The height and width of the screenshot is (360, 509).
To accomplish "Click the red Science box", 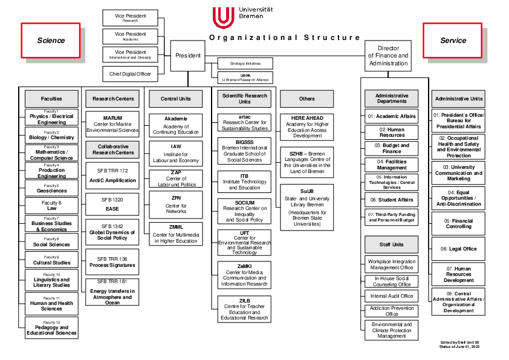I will pos(51,41).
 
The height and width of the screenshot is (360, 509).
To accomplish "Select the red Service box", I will pos(453,41).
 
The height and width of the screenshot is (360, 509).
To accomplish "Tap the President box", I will pos(188,56).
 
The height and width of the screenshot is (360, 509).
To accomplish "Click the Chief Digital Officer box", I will pos(130,74).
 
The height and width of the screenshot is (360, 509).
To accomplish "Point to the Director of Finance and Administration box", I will pos(389,56).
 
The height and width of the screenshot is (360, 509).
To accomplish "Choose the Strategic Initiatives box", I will pos(245,63).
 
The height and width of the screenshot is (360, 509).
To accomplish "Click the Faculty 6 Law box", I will pos(51,206).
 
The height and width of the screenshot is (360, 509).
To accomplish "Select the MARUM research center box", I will pos(112,123).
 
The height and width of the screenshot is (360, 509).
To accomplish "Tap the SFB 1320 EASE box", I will pos(112,204).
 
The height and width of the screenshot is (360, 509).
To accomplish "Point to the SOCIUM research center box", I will pos(244,211).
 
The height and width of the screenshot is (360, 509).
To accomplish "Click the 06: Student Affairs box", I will pos(391,199).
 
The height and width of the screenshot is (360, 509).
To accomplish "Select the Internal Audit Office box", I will pos(391,296).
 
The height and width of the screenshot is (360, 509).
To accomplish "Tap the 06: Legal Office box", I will pos(458,249).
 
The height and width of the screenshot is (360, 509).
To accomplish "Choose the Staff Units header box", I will pos(391,244).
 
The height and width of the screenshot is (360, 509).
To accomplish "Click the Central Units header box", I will pos(177,99).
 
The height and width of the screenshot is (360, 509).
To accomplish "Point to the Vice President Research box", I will pos(130,18).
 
